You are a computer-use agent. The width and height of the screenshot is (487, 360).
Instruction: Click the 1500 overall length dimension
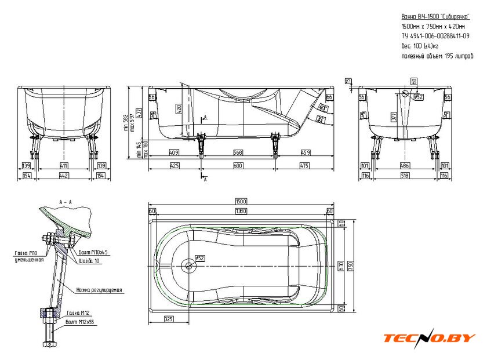240,201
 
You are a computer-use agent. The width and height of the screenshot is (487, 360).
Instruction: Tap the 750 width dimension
352,266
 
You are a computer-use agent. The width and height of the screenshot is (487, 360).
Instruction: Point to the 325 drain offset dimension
169,318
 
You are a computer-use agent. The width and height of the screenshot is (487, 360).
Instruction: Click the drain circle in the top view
188,266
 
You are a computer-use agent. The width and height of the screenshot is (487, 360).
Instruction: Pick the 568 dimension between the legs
238,153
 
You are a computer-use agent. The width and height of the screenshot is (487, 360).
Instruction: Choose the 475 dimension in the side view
303,165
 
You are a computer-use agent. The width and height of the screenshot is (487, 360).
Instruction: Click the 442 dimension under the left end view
64,176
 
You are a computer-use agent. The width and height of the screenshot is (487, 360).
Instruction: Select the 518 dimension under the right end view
405,175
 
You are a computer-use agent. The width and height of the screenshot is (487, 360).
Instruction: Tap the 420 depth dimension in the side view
179,108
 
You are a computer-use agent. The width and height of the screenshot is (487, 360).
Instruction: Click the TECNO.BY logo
430,337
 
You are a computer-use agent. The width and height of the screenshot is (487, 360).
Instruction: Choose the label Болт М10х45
92,253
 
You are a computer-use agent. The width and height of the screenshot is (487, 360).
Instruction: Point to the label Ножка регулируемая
98,289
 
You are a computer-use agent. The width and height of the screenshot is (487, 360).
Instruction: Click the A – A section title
65,200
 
